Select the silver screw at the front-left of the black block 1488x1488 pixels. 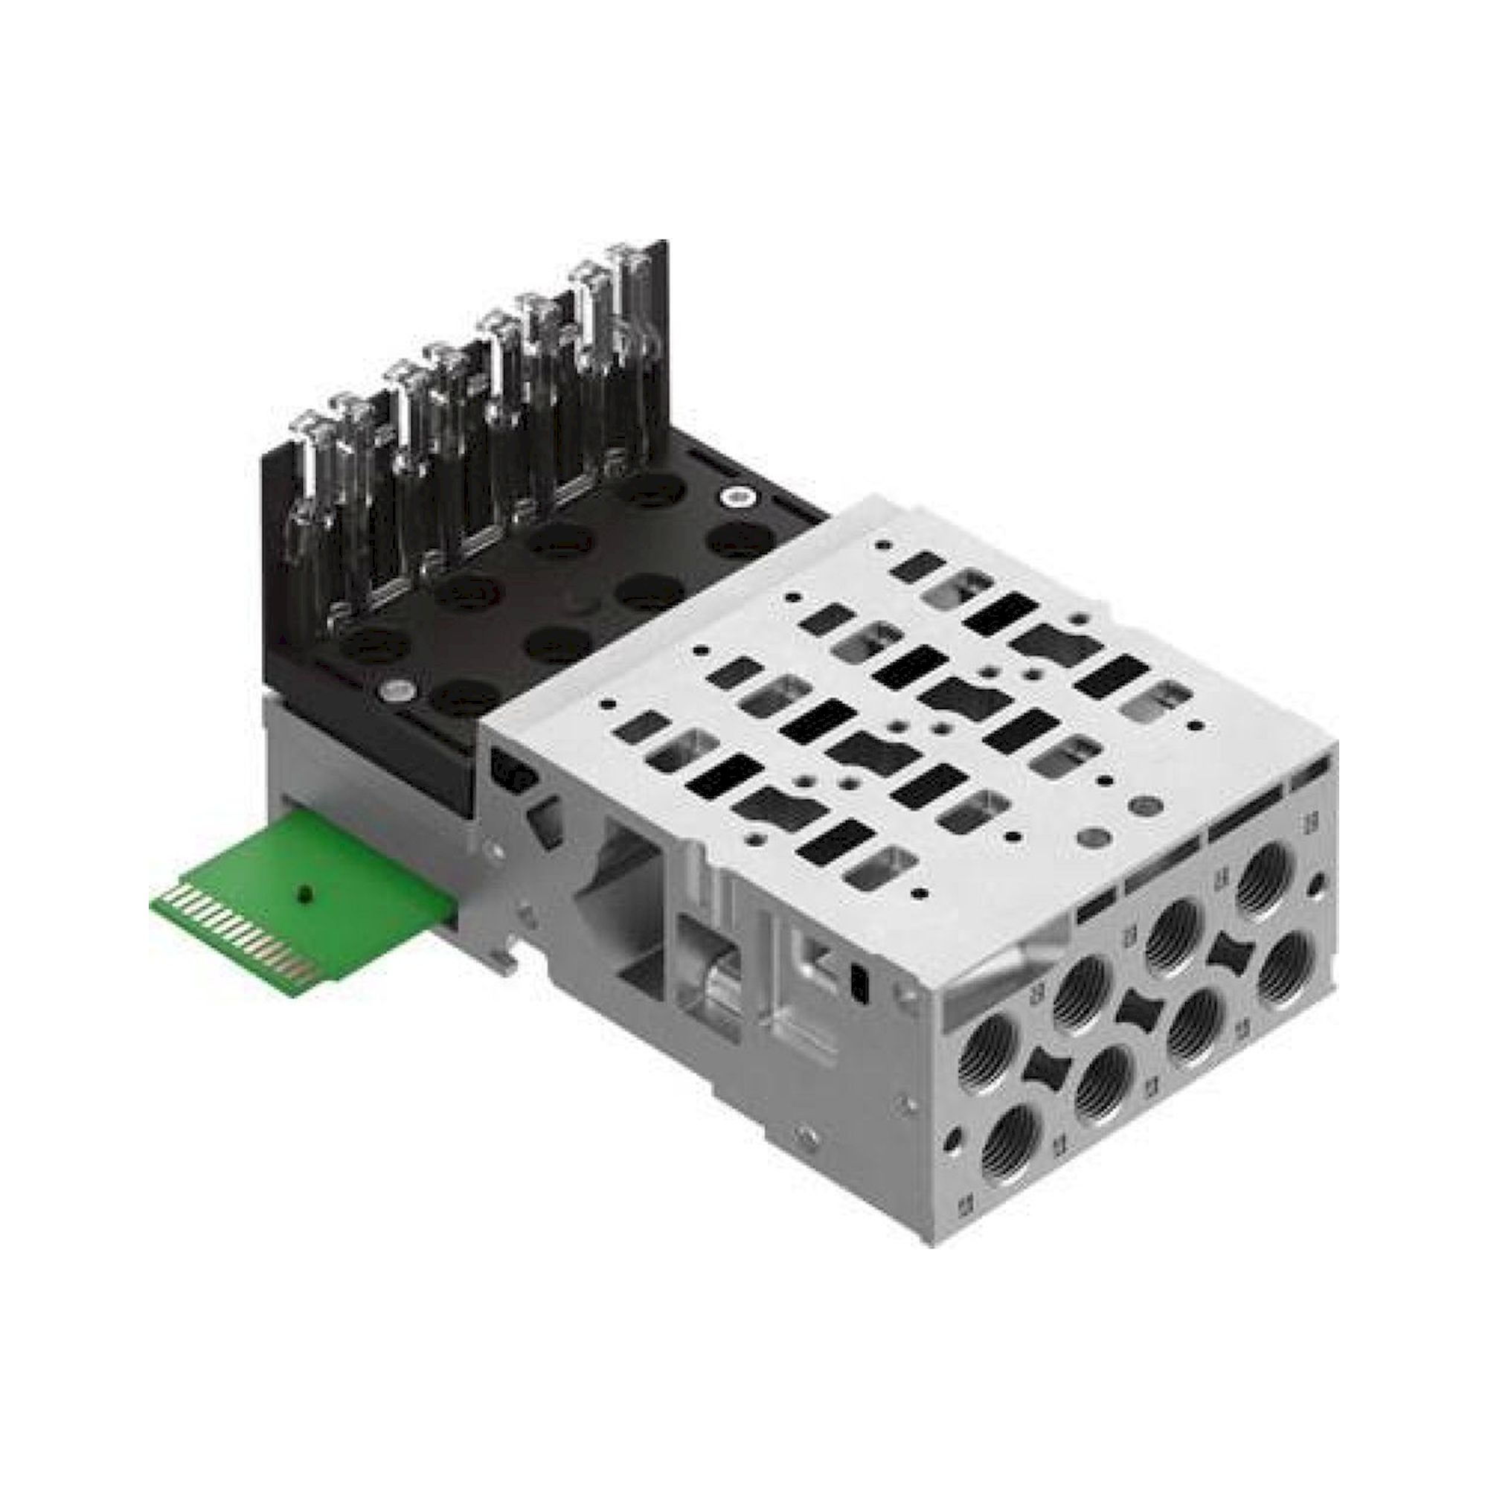397,688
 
